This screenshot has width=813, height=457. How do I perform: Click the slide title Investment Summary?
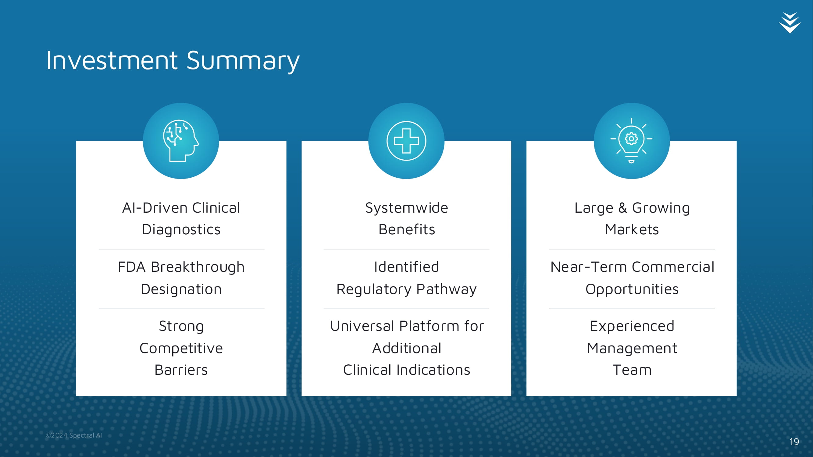point(173,61)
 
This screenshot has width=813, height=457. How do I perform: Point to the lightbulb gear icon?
point(631,141)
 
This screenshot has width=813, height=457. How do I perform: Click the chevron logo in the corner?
point(790,23)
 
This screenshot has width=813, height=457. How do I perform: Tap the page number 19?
point(794,441)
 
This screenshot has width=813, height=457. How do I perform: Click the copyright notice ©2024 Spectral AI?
point(74,435)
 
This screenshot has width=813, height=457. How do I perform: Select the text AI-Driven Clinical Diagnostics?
point(181,218)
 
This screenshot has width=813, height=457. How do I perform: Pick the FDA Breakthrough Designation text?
point(181,278)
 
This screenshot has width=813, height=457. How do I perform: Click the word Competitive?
point(181,348)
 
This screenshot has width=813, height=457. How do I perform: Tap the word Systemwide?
point(407,208)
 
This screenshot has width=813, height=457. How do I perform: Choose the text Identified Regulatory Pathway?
point(407,278)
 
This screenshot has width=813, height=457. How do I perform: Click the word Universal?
point(363,326)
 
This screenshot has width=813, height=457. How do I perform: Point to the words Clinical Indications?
point(407,370)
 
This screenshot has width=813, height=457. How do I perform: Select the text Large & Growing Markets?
point(632,218)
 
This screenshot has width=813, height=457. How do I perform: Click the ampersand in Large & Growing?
point(622,207)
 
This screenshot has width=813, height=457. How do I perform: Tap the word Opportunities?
point(632,289)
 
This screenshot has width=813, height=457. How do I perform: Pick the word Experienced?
point(632,326)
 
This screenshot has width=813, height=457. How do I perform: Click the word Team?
point(632,370)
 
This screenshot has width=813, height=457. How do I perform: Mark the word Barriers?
point(181,370)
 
